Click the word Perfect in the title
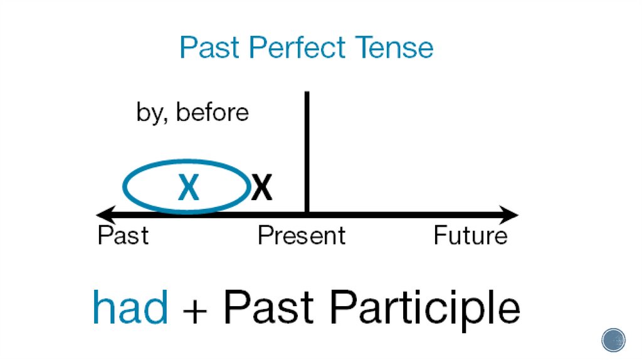(x=302, y=48)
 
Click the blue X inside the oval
(x=188, y=188)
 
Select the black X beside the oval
(x=261, y=188)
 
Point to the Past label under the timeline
(x=124, y=236)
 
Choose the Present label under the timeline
(x=302, y=236)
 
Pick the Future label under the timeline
(x=470, y=236)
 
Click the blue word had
(x=130, y=307)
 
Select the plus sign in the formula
(x=196, y=309)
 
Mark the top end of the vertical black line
(x=307, y=94)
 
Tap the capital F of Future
(x=439, y=236)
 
